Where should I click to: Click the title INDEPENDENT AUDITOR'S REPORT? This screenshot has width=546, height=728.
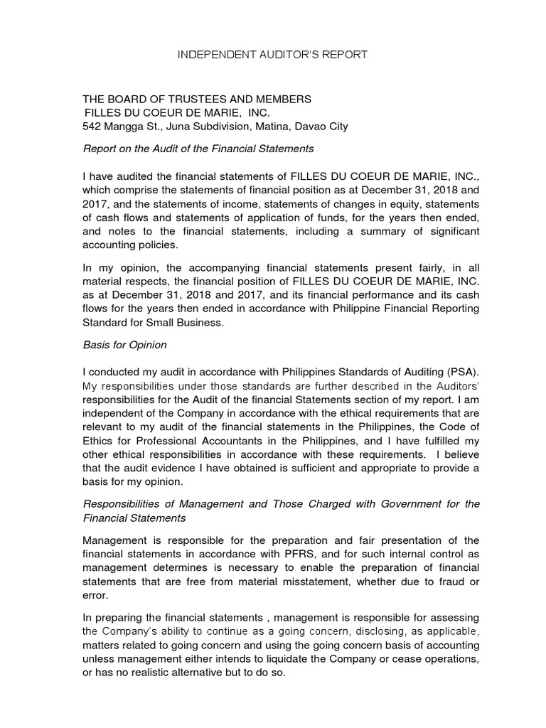click(272, 55)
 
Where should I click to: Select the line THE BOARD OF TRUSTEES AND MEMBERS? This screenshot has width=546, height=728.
click(197, 99)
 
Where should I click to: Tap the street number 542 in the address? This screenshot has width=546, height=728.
click(93, 127)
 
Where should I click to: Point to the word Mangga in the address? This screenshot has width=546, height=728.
click(126, 127)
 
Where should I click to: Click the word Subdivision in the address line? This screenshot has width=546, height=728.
click(220, 127)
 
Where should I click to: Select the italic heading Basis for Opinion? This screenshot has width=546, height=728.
click(125, 345)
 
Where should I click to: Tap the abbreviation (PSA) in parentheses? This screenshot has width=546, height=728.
click(464, 373)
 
